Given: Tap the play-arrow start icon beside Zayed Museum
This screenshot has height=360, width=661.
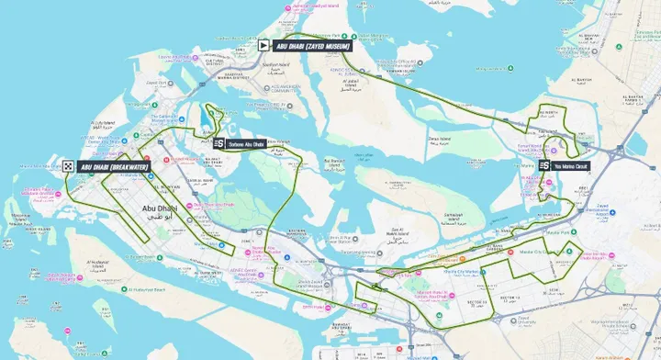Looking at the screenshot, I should (263, 44).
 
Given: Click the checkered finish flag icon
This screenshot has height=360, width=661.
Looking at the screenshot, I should (69, 166).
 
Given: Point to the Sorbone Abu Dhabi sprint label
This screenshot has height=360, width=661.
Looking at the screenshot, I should (246, 143).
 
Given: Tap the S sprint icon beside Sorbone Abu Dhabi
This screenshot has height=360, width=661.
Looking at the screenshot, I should (219, 143).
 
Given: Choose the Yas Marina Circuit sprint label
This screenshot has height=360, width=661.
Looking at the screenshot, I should (571, 166).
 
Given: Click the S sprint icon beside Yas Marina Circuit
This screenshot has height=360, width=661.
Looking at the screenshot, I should (544, 165).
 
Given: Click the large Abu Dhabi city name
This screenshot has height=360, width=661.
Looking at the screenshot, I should (161, 209).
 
